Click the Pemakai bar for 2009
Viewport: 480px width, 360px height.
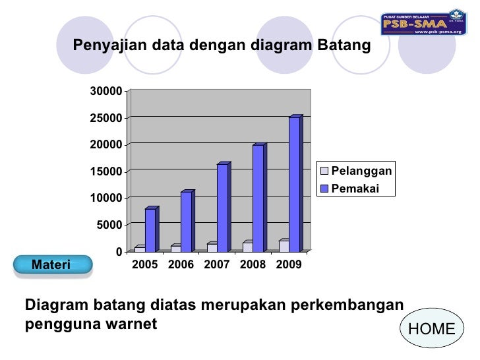pyautogui.click(x=294, y=185)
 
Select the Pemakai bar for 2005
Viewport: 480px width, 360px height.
pyautogui.click(x=150, y=230)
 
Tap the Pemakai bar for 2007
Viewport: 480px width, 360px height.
pyautogui.click(x=222, y=208)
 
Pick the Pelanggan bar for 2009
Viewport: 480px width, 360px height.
pyautogui.click(x=284, y=246)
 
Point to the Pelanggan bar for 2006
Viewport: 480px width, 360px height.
pyautogui.click(x=176, y=249)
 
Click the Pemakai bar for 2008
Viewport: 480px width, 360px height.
pyautogui.click(x=258, y=198)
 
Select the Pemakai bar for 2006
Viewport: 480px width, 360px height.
pyautogui.click(x=186, y=222)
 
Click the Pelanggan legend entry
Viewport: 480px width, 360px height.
pyautogui.click(x=356, y=171)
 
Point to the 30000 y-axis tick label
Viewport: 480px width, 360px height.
pyautogui.click(x=105, y=91)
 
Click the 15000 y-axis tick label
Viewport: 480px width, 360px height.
pyautogui.click(x=105, y=171)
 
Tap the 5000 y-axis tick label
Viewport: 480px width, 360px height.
pyautogui.click(x=109, y=225)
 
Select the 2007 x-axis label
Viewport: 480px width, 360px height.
pyautogui.click(x=217, y=264)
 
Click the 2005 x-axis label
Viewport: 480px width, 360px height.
pyautogui.click(x=145, y=264)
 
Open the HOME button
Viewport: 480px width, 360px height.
pyautogui.click(x=432, y=329)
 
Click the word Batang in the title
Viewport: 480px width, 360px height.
pyautogui.click(x=344, y=46)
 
